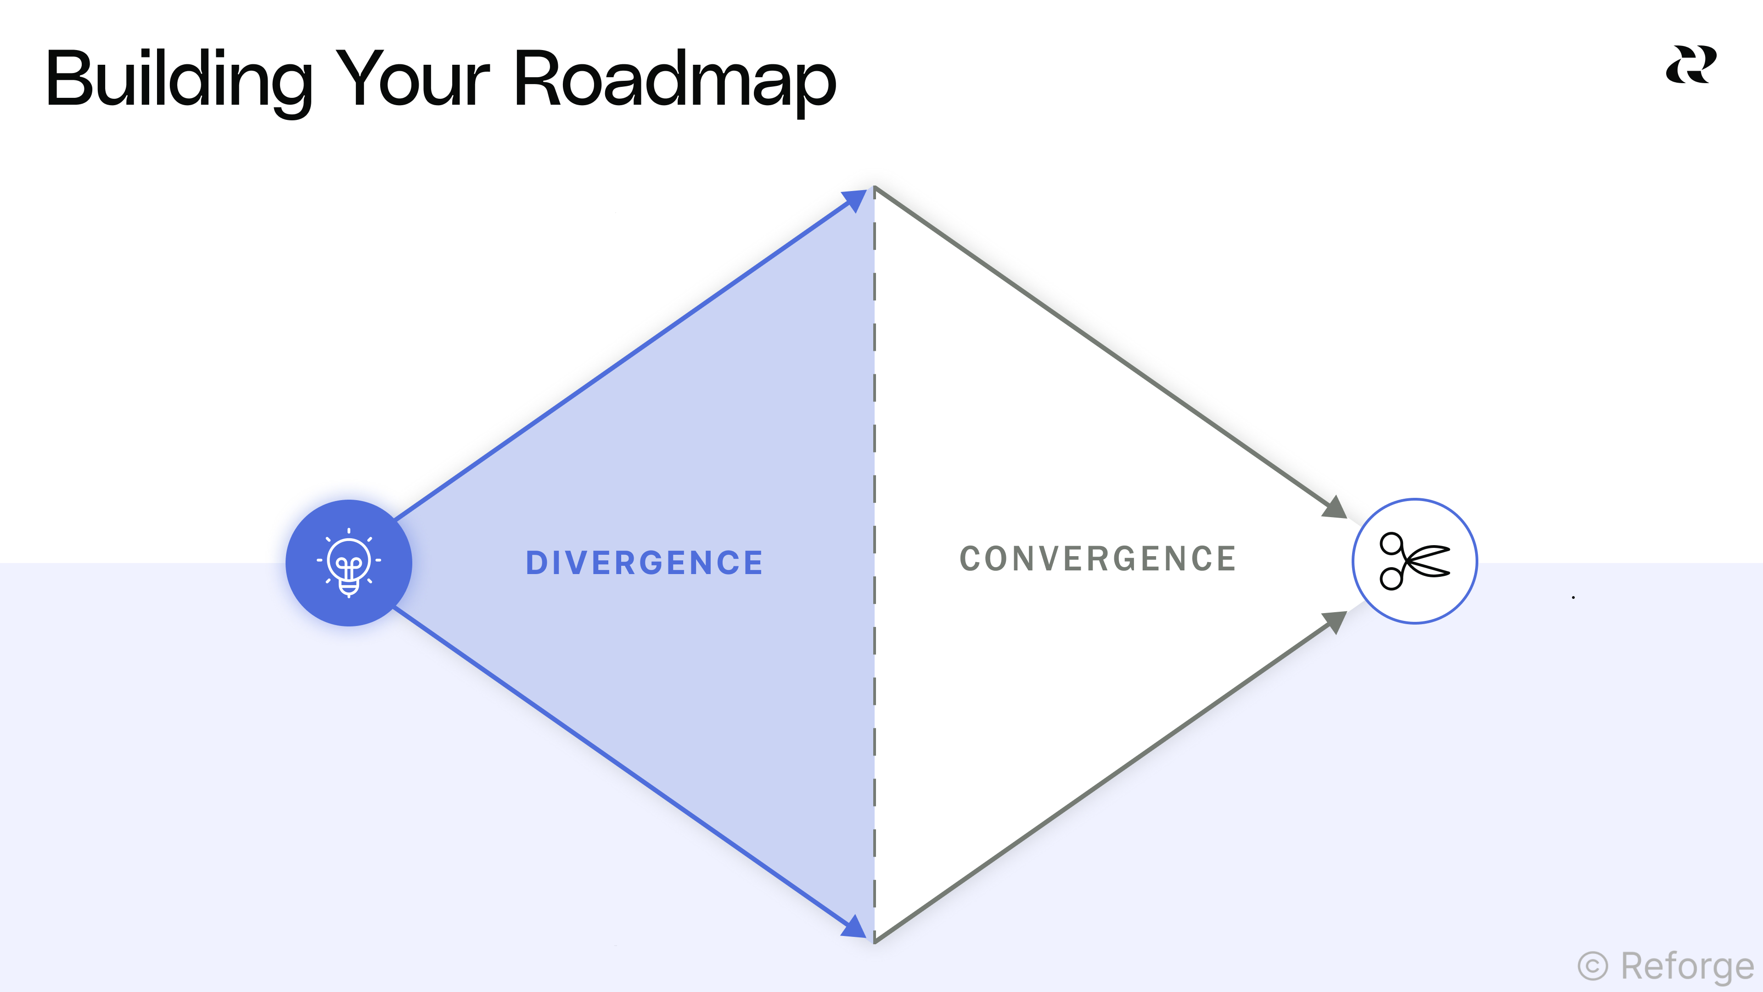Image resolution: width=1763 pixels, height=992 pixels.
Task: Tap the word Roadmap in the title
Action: (x=674, y=81)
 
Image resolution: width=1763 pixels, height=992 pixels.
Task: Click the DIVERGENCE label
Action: (x=644, y=563)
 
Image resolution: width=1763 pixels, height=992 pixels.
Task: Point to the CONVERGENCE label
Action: (x=1098, y=558)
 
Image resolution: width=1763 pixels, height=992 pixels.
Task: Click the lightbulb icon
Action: (x=349, y=563)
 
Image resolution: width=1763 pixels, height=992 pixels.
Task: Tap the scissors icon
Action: (x=1415, y=561)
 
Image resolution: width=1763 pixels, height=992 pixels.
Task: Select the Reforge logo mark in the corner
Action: (x=1690, y=65)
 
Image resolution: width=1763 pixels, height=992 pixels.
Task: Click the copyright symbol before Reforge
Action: (x=1593, y=967)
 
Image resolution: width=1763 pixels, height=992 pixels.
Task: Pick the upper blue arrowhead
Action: (x=855, y=201)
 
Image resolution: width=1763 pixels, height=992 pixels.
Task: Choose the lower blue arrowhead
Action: (x=855, y=926)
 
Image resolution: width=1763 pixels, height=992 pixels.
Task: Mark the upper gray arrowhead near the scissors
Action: (x=1335, y=507)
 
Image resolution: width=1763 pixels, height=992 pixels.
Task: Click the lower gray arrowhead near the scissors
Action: (x=1335, y=622)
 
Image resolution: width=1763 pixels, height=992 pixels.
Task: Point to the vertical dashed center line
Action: (x=875, y=479)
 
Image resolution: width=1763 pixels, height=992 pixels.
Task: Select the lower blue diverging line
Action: (x=616, y=763)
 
